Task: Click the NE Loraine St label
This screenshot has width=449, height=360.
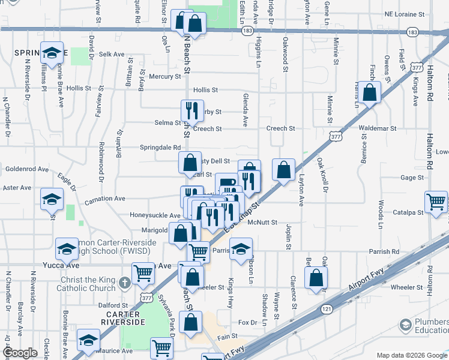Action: point(405,13)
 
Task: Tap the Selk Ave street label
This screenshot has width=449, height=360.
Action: point(111,54)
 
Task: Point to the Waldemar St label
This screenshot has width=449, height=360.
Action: point(377,128)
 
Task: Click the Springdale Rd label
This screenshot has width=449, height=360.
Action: point(160,147)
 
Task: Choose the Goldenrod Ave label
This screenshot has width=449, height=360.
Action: point(26,170)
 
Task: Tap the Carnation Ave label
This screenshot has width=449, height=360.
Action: point(105,199)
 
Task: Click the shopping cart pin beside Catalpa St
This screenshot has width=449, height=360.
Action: point(436,202)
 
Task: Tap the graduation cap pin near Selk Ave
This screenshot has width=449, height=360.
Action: point(52,52)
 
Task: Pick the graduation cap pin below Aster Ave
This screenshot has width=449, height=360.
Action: point(52,199)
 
